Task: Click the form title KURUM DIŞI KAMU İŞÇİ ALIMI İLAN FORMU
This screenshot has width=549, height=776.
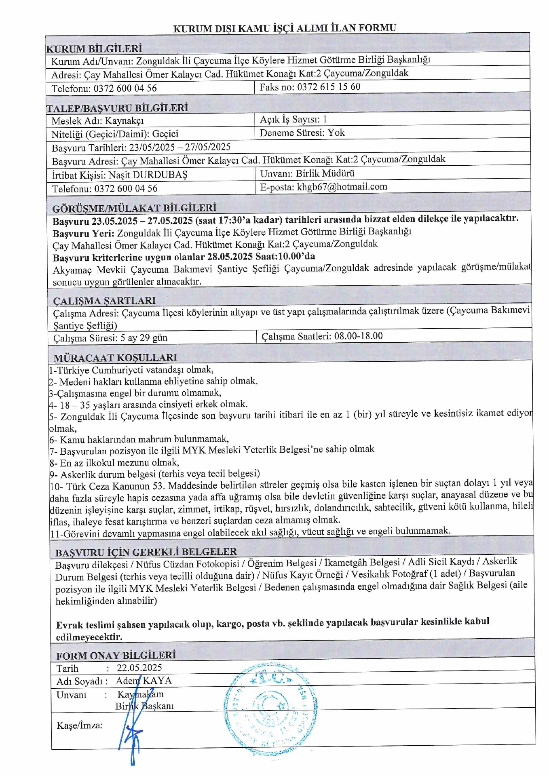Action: click(285, 28)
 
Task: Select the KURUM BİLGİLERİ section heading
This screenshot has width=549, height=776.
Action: click(94, 49)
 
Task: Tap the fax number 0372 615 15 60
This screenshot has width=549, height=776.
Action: click(329, 87)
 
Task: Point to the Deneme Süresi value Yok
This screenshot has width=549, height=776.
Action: click(336, 133)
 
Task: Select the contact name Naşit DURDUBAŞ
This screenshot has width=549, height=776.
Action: click(148, 175)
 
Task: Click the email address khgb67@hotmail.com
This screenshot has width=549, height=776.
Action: click(342, 187)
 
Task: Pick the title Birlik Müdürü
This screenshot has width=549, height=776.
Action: click(325, 173)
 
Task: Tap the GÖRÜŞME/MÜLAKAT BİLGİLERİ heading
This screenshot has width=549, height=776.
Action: click(134, 209)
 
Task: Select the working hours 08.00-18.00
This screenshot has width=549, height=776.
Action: click(358, 336)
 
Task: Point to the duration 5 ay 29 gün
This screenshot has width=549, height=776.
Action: click(144, 338)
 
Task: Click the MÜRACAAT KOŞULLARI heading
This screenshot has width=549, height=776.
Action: click(115, 358)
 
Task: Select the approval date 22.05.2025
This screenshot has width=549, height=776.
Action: click(139, 668)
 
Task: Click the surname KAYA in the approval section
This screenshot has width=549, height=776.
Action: click(157, 681)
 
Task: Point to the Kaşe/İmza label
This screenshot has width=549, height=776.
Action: click(80, 725)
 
